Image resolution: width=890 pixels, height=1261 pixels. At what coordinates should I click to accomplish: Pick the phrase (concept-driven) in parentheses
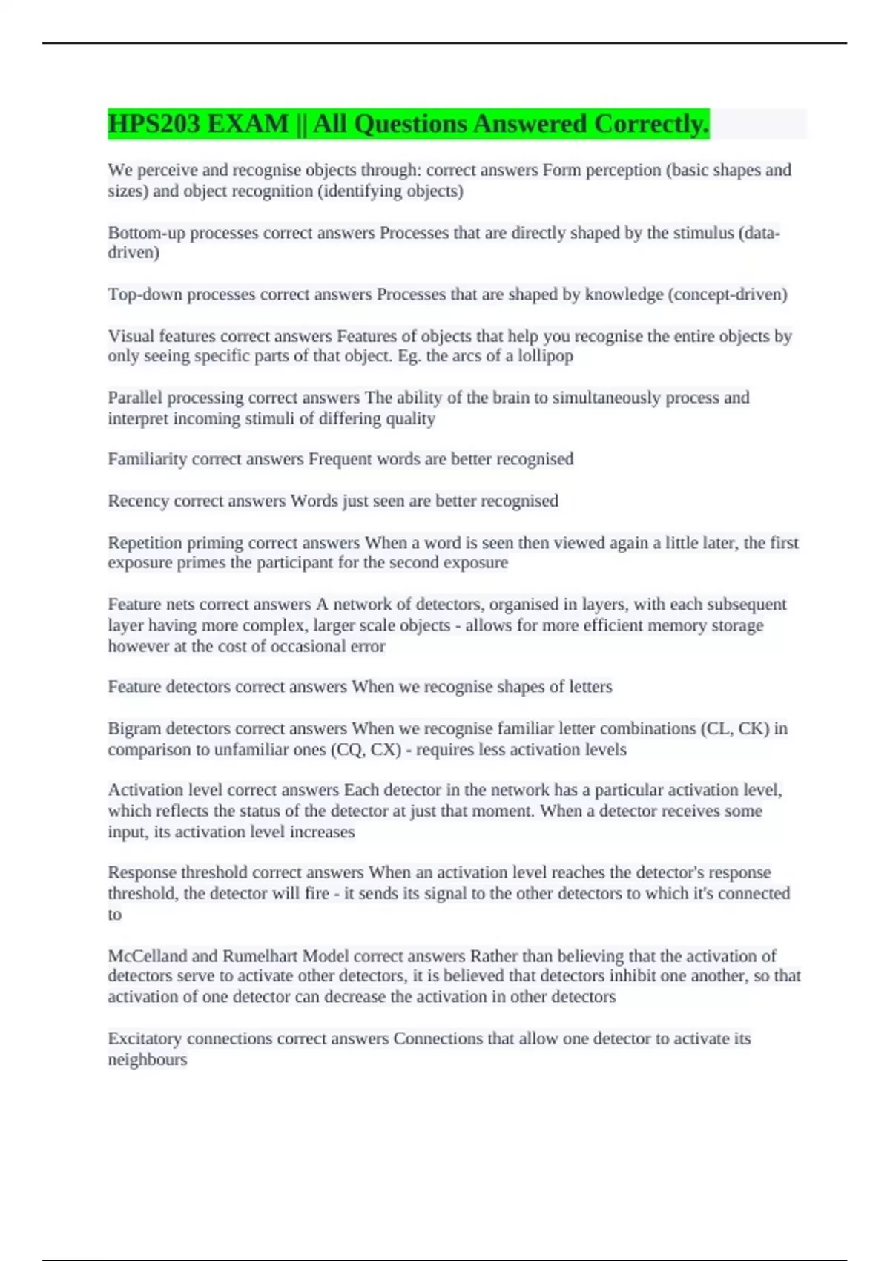pos(727,294)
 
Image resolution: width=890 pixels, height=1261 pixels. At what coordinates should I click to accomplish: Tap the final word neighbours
pos(147,1059)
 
